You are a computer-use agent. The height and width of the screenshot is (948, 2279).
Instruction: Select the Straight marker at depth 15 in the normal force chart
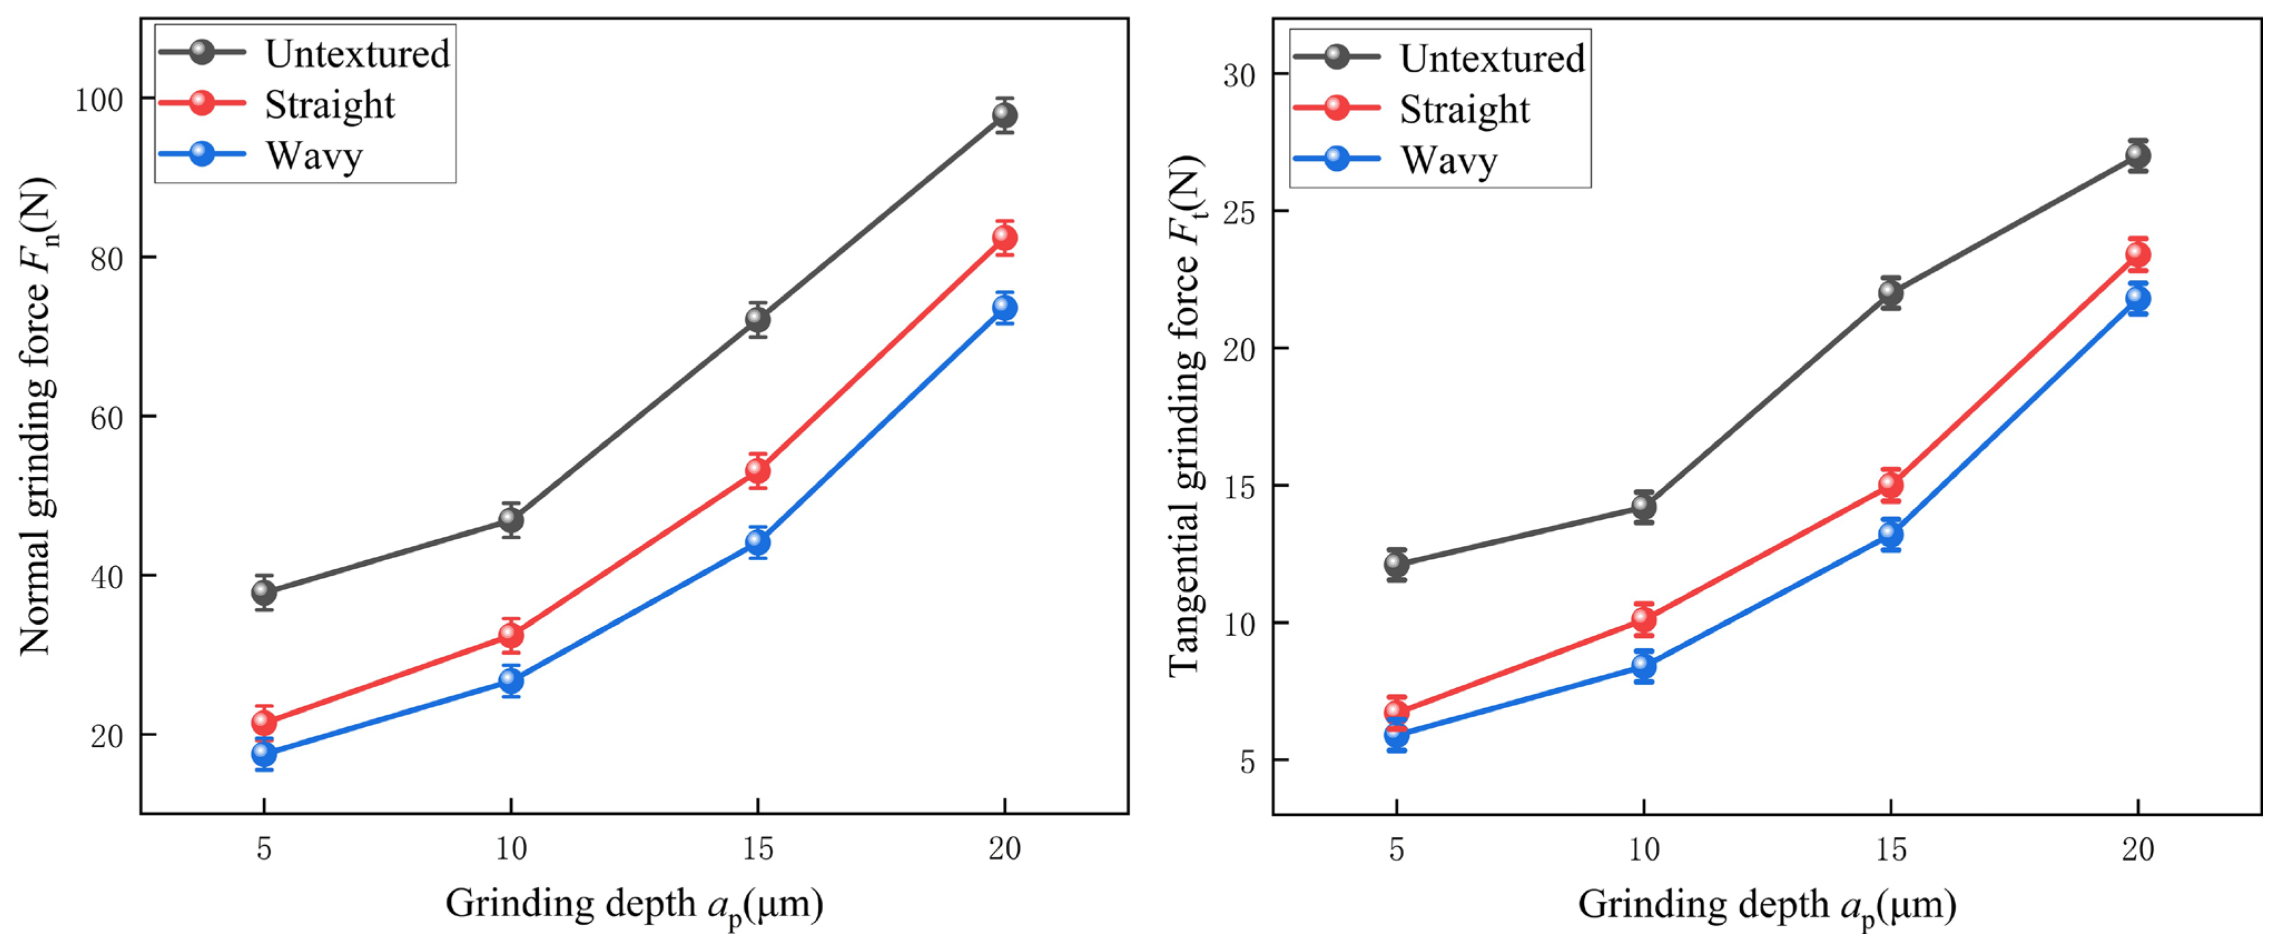coord(757,471)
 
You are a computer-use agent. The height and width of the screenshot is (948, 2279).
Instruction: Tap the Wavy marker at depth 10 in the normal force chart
coord(510,680)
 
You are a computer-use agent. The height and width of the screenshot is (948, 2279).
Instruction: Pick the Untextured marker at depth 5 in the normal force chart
coord(264,591)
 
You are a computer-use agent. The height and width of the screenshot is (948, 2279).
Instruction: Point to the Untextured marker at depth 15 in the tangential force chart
coord(1891,293)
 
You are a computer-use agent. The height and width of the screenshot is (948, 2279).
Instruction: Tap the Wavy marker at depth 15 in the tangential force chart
coord(1891,534)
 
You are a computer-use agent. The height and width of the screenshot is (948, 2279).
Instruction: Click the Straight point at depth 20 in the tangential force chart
coord(2138,255)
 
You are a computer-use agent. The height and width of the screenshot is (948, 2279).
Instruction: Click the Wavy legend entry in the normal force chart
coord(262,156)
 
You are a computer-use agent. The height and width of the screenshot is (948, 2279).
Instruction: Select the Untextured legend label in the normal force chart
coord(357,54)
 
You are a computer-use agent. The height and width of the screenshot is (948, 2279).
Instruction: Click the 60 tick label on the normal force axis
coord(107,417)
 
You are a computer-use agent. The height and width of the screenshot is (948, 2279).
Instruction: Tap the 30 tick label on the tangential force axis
coord(1239,75)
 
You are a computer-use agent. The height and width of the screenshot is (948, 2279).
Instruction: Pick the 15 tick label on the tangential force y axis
coord(1239,486)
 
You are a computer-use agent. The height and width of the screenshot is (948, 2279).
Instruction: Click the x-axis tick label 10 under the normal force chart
coord(510,849)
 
